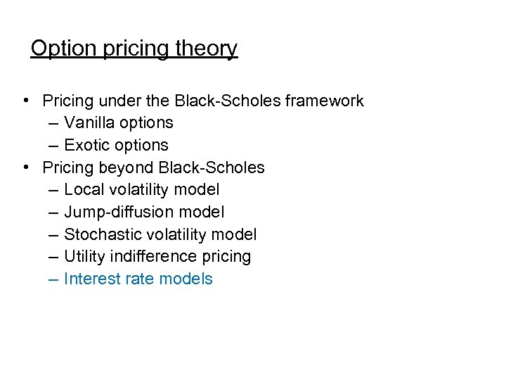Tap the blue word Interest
(x=89, y=279)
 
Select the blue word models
(x=186, y=279)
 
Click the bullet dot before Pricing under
(x=25, y=101)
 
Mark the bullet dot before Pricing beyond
(x=25, y=168)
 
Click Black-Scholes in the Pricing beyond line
(x=212, y=167)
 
